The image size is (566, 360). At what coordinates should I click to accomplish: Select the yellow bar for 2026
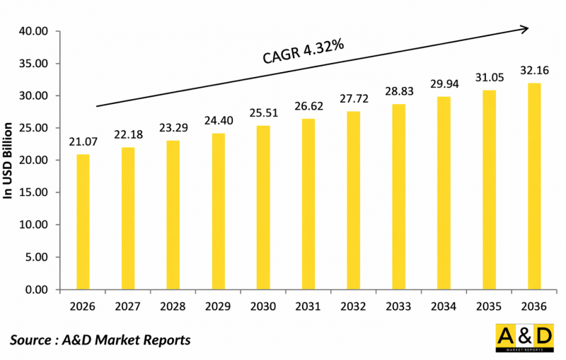[x=83, y=222]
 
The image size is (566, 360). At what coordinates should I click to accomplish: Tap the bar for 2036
[x=535, y=187]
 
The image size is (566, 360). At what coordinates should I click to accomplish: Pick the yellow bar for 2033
[x=399, y=197]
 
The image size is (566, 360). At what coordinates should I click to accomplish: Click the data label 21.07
[x=83, y=142]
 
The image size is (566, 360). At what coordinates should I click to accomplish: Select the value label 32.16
[x=535, y=71]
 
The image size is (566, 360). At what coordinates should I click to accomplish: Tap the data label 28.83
[x=399, y=92]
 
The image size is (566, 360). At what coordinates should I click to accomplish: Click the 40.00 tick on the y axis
[x=34, y=31]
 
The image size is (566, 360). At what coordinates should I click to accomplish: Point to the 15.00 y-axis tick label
[x=34, y=193]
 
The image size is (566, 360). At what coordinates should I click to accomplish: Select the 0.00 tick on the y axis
[x=36, y=290]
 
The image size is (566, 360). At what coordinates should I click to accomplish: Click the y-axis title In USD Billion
[x=9, y=160]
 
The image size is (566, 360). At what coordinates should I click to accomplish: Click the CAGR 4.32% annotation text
[x=303, y=52]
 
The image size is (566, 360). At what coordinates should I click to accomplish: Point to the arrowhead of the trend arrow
[x=524, y=29]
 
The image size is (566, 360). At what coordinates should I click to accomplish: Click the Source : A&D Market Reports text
[x=100, y=340]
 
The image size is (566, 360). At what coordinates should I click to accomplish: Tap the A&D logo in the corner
[x=524, y=339]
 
